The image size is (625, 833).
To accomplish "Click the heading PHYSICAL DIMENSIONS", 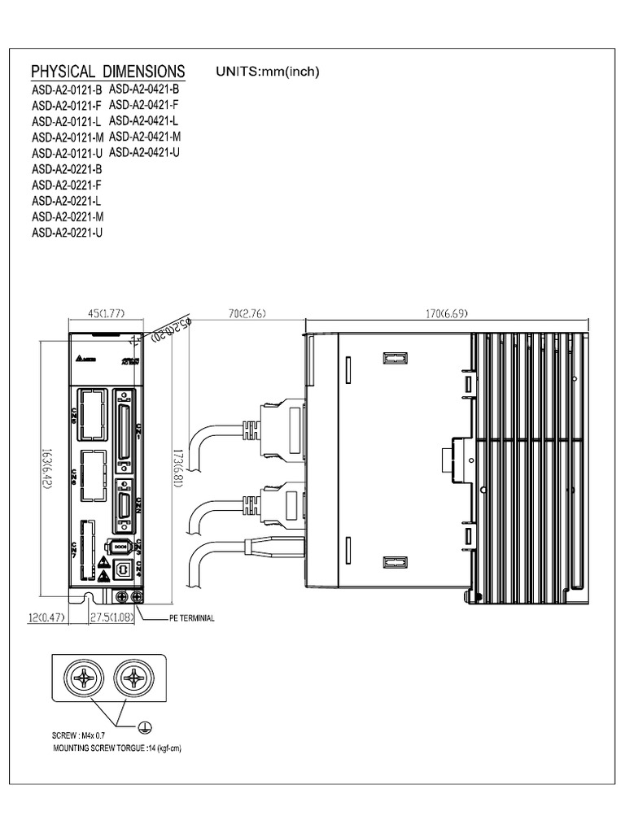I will point(107,71).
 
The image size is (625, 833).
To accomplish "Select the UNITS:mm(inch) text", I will point(268,72).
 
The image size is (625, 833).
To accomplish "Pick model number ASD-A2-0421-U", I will point(144,152).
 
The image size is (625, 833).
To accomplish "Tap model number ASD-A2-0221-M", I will point(68,216).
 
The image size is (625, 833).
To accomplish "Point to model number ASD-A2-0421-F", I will point(144,105).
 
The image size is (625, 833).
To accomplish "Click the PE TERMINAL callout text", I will point(191,619).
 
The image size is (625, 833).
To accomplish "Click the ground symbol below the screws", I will point(145,728).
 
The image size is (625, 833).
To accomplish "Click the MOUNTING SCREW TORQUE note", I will point(116,748).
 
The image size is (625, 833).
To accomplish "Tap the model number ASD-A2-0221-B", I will point(67,169).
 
